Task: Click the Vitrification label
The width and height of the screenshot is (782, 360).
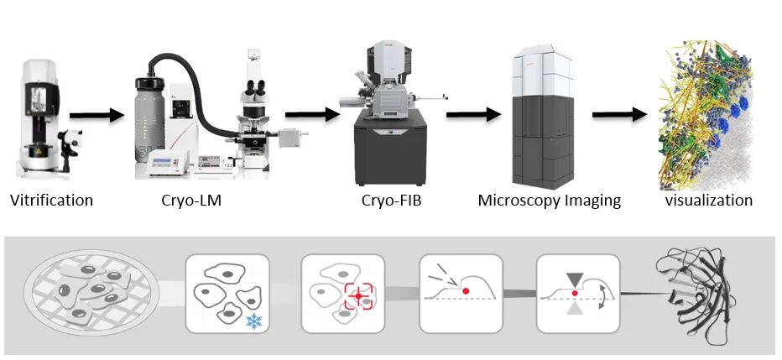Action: [51, 201]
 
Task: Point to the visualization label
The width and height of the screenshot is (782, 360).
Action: [709, 201]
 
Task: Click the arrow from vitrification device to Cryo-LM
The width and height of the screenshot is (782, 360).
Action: [96, 116]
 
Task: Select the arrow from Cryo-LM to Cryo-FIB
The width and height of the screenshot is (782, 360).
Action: [312, 115]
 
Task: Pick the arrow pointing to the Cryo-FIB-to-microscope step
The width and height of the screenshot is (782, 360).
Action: [473, 115]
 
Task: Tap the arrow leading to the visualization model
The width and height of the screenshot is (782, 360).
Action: [619, 115]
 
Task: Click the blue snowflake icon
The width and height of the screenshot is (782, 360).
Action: [254, 321]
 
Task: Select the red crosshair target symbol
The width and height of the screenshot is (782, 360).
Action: [358, 296]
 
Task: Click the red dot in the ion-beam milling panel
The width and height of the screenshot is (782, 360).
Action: [466, 290]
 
